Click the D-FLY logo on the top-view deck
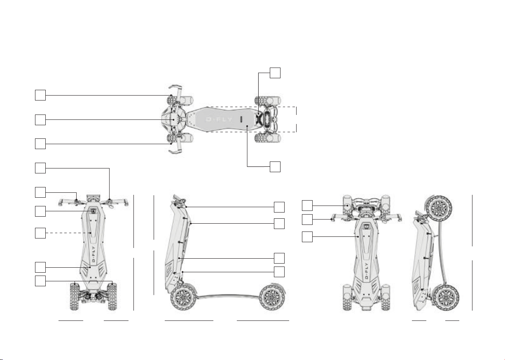click(x=219, y=119)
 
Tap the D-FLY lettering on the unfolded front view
click(x=94, y=254)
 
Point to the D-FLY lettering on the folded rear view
click(x=366, y=271)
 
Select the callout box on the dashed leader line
click(x=40, y=233)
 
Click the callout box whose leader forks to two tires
click(x=40, y=281)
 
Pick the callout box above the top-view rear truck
click(x=275, y=73)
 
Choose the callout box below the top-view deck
click(x=275, y=167)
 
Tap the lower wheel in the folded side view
click(x=446, y=297)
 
